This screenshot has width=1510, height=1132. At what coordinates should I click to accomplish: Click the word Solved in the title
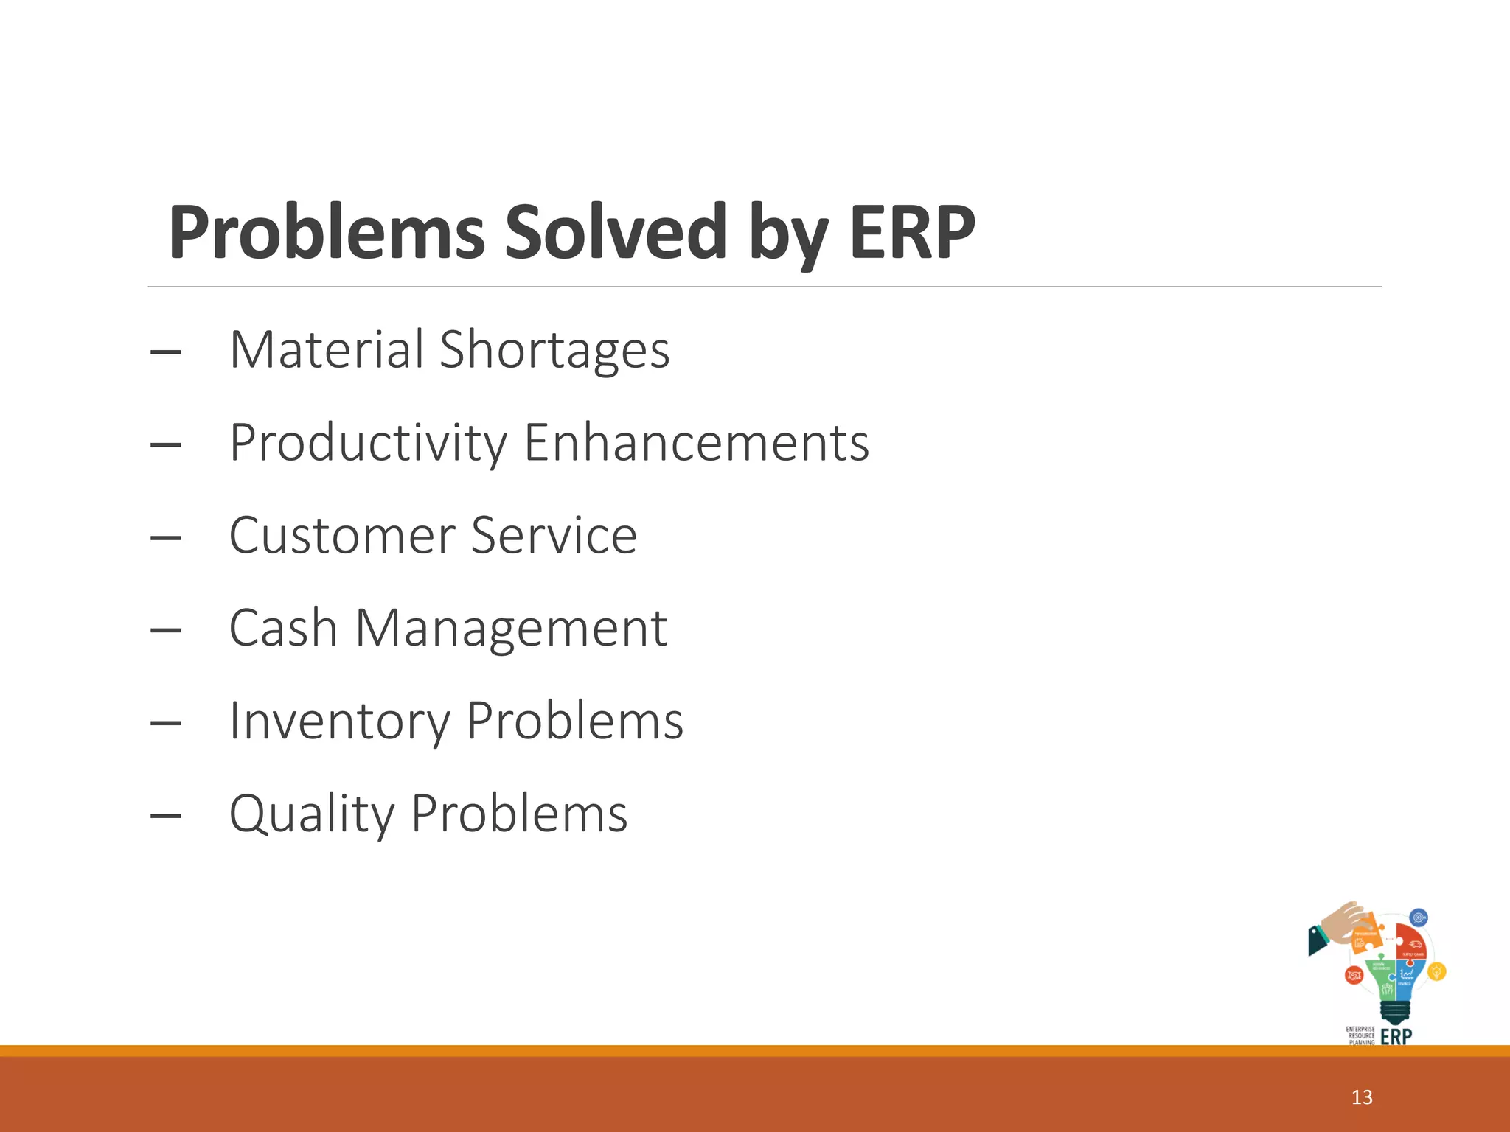click(616, 232)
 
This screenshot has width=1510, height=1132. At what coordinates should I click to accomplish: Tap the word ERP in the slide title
click(912, 232)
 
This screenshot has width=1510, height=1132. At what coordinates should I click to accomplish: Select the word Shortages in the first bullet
click(554, 350)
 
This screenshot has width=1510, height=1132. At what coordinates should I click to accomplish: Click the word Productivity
click(368, 443)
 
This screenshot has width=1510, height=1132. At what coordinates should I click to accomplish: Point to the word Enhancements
click(697, 443)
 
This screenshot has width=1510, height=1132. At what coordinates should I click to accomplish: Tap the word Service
click(554, 536)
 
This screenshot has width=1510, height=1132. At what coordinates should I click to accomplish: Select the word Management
click(511, 629)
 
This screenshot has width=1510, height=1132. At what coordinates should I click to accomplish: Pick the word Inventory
click(339, 722)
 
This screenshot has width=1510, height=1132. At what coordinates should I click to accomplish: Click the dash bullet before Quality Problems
click(165, 816)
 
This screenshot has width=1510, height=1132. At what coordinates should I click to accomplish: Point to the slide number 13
click(1362, 1097)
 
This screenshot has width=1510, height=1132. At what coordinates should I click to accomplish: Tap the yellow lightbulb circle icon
click(1436, 972)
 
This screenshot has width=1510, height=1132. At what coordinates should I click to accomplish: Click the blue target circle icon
click(1419, 918)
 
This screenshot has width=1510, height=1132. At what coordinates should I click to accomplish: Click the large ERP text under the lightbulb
click(1396, 1037)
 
